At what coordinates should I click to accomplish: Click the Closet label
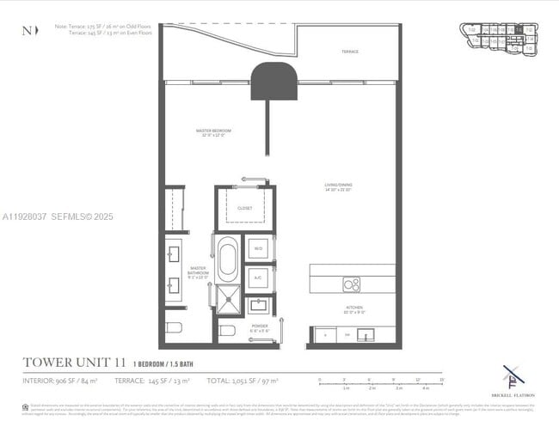245,207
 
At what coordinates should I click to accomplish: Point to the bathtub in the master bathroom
227,260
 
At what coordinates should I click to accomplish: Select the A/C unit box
258,277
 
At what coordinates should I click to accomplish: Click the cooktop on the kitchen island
352,284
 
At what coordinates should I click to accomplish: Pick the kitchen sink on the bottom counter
365,335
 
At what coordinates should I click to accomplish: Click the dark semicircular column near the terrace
273,81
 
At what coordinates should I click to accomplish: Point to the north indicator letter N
25,31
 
